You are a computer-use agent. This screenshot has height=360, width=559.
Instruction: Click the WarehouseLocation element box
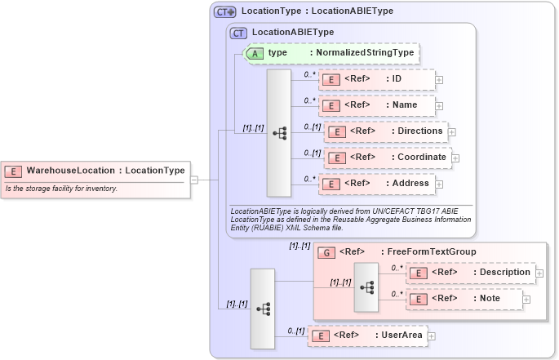(96, 171)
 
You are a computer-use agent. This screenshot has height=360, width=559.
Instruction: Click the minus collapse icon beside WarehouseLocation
(194, 180)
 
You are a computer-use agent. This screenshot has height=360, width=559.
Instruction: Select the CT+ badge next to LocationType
(224, 12)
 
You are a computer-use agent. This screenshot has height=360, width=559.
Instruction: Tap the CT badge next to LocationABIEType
(238, 33)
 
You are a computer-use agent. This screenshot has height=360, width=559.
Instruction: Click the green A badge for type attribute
(254, 53)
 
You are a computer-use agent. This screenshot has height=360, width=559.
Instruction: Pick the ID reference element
(376, 79)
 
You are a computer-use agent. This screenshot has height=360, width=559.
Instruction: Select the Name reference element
(376, 105)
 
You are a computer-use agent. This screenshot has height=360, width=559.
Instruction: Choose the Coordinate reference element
(387, 158)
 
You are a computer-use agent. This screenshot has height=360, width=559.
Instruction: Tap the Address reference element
(376, 184)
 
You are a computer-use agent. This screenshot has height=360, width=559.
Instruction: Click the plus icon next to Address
(440, 184)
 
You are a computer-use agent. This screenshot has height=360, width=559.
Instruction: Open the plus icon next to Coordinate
(455, 158)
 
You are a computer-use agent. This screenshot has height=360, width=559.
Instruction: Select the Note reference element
(463, 299)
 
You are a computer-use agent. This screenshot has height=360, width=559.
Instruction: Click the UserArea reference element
(366, 336)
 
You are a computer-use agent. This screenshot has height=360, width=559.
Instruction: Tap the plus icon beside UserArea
(432, 336)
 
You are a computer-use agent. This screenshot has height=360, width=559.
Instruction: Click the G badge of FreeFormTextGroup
(326, 252)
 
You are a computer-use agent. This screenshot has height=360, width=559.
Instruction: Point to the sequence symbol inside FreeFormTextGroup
(366, 287)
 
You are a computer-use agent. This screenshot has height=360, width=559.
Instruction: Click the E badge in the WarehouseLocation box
(14, 171)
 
